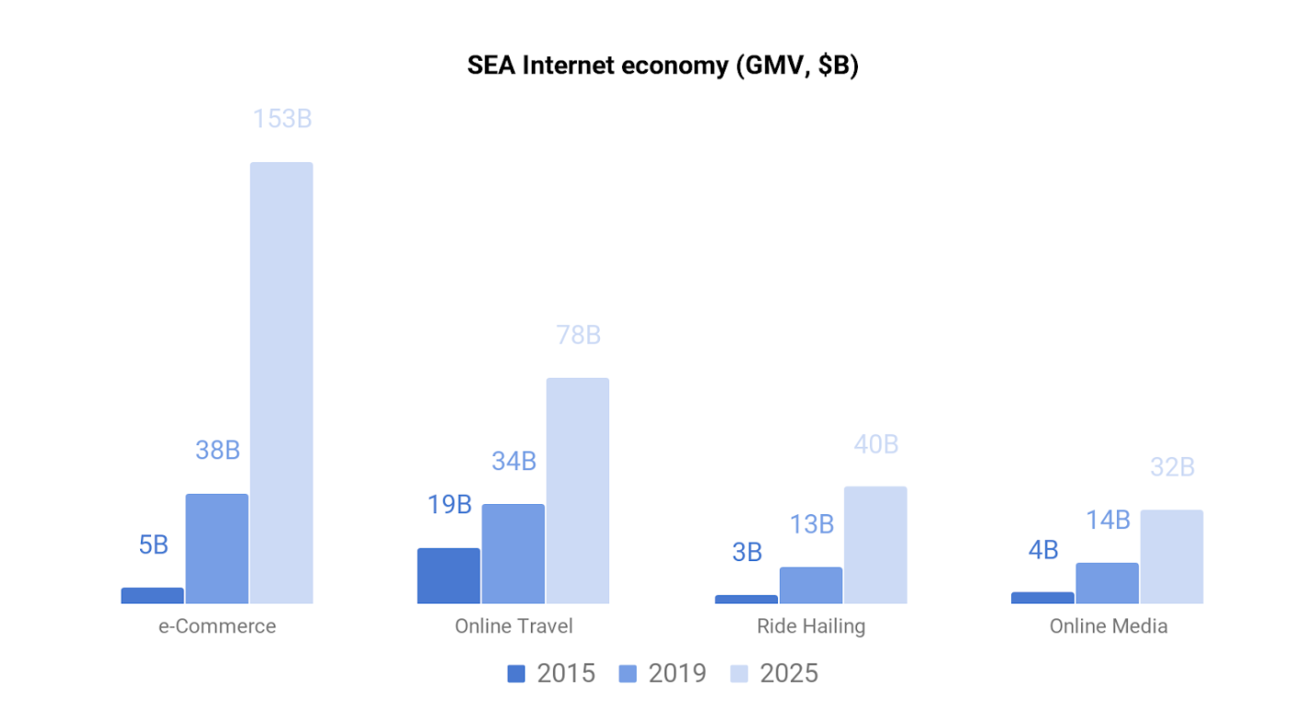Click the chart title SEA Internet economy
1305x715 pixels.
[x=663, y=67]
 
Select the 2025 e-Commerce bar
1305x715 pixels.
[x=281, y=382]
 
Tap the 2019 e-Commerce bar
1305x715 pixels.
[x=217, y=548]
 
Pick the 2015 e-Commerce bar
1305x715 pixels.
[x=152, y=595]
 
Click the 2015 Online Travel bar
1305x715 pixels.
[x=449, y=576]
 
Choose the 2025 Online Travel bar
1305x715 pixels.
[x=578, y=490]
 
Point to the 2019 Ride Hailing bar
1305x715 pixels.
[x=811, y=585]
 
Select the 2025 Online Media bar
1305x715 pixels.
[x=1171, y=557]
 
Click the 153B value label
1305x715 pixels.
[x=282, y=120]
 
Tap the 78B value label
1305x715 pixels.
[x=578, y=335]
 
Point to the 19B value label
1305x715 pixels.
[x=449, y=505]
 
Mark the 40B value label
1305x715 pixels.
[x=876, y=444]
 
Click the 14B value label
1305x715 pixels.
[x=1107, y=521]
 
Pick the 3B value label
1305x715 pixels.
[x=747, y=552]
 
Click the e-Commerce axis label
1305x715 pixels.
[x=217, y=627]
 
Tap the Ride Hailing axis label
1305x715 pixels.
[x=811, y=627]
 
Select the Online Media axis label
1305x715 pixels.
[x=1108, y=627]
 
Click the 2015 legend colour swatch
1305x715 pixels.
[x=516, y=674]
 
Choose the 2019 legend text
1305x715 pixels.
[x=677, y=674]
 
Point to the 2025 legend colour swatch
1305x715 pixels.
[x=739, y=674]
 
